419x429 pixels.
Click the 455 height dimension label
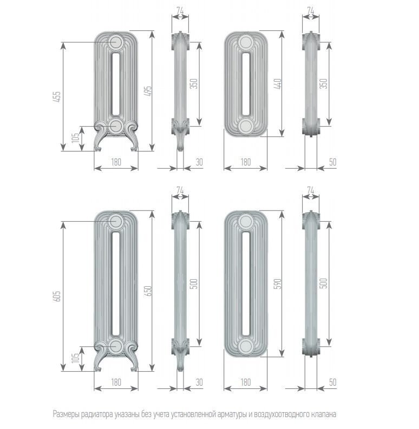tap(57, 97)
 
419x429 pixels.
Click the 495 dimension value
tap(148, 91)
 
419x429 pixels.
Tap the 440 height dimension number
tap(278, 84)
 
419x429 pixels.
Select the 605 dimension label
tap(57, 296)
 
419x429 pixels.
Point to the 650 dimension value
tap(148, 291)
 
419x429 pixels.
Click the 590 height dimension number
tap(278, 283)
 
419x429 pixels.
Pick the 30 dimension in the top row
tap(199, 162)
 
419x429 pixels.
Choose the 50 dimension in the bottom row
tap(332, 382)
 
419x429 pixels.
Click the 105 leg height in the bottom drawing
tap(75, 357)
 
